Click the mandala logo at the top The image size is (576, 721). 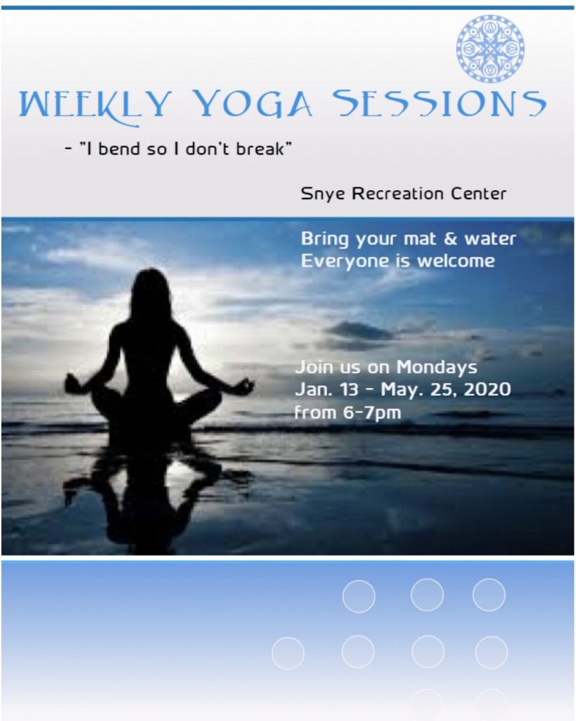coord(491,49)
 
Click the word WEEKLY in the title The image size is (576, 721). coord(95,106)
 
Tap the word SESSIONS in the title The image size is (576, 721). coord(440,103)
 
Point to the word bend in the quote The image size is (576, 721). coord(119,149)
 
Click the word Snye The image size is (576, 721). coord(323,194)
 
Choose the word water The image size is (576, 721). coord(490,239)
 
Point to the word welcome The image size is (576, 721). coord(456,261)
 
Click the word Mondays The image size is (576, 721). coord(437,368)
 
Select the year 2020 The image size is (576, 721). coord(487,389)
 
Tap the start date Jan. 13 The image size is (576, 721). coord(326,389)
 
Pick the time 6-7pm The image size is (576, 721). coord(373,413)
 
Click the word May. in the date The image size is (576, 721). coord(401,390)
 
